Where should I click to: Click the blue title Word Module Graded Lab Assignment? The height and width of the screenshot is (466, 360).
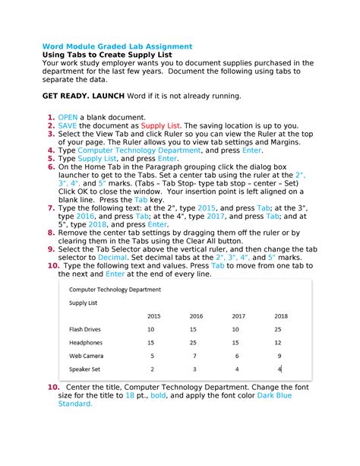click(117, 46)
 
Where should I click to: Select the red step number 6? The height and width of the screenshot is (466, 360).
click(50, 166)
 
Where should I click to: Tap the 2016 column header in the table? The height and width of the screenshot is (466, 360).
click(196, 315)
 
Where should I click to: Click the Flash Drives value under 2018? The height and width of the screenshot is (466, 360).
click(278, 329)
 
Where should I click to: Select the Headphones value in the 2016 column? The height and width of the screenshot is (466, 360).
click(194, 342)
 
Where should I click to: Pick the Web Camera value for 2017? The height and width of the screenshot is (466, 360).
click(237, 356)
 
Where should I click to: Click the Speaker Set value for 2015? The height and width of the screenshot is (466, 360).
click(152, 369)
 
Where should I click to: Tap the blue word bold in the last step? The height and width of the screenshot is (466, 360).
click(159, 395)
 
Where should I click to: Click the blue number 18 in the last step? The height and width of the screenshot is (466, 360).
click(130, 395)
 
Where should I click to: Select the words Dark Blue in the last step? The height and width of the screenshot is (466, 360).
click(271, 395)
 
